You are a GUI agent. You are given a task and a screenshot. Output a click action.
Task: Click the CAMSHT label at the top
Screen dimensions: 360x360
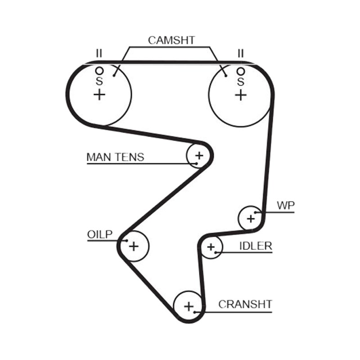(x=171, y=40)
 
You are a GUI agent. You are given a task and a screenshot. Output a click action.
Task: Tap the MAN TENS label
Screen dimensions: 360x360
(x=115, y=157)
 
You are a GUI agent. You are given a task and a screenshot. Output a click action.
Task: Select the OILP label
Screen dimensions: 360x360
(x=99, y=234)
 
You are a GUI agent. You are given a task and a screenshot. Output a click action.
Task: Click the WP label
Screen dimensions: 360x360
(x=286, y=206)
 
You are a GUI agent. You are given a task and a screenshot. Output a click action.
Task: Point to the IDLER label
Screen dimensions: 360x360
(x=256, y=246)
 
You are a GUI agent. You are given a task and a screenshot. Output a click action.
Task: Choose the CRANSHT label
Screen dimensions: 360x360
(x=245, y=305)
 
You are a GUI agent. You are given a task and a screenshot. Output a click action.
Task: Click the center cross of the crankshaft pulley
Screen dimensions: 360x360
(x=189, y=307)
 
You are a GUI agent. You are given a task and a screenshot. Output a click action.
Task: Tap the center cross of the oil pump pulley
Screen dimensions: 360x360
(x=134, y=246)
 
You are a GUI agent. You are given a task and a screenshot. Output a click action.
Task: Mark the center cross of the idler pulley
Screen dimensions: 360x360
(x=211, y=247)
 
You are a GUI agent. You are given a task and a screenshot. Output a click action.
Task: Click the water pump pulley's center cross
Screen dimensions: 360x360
(x=251, y=219)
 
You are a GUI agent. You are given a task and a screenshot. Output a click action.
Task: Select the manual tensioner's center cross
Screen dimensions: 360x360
(x=199, y=156)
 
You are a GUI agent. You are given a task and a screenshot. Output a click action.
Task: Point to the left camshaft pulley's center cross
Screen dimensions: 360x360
(x=99, y=94)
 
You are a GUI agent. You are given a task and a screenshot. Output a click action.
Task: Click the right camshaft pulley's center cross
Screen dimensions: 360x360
(x=241, y=95)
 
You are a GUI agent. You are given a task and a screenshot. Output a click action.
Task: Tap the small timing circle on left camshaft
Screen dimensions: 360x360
(x=99, y=71)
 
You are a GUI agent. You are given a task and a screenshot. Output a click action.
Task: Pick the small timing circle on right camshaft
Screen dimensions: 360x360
(x=241, y=72)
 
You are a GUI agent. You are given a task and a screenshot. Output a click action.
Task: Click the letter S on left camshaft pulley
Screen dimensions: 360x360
(x=99, y=81)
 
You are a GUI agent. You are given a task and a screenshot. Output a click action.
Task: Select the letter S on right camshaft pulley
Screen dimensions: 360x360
(x=241, y=82)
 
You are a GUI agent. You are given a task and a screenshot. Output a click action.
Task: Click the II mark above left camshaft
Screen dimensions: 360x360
(x=99, y=53)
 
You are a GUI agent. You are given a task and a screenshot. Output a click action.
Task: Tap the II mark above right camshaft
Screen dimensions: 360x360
(x=240, y=54)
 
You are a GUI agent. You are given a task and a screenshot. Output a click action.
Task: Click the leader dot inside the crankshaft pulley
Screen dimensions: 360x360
(x=194, y=312)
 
